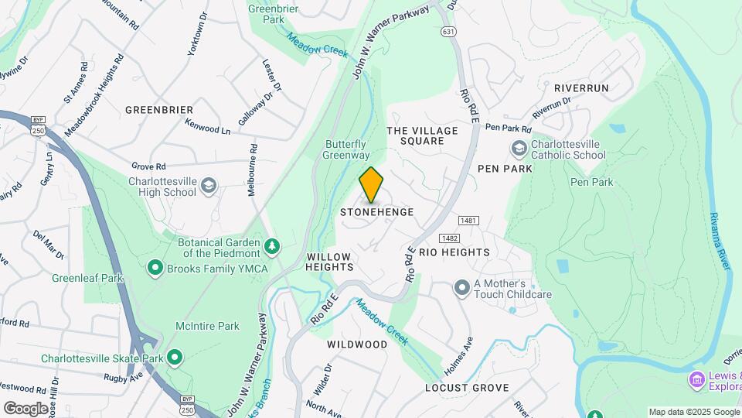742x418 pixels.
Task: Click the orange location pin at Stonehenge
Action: point(372,184)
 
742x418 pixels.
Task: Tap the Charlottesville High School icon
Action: point(209,185)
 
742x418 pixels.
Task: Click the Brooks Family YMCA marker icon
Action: point(155,269)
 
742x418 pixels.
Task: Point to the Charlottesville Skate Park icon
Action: point(175,358)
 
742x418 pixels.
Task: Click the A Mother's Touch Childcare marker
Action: point(462,289)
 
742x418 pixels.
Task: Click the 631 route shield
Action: point(448,32)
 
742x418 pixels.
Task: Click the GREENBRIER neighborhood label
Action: point(159,110)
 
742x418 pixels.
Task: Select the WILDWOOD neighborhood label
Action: point(356,344)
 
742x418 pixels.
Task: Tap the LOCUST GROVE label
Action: point(467,387)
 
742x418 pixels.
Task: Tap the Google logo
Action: point(26,408)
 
